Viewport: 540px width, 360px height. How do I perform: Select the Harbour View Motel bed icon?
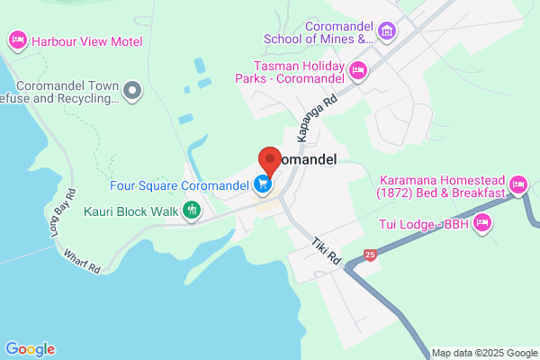pyautogui.click(x=17, y=40)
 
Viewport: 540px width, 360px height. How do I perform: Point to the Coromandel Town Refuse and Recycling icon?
pyautogui.click(x=133, y=89)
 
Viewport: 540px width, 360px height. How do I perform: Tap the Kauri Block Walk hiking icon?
pyautogui.click(x=191, y=211)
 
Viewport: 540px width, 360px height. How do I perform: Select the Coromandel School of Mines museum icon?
pyautogui.click(x=387, y=33)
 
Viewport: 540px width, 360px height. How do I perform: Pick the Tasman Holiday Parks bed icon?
pyautogui.click(x=358, y=70)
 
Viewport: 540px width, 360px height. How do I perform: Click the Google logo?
pyautogui.click(x=30, y=349)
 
